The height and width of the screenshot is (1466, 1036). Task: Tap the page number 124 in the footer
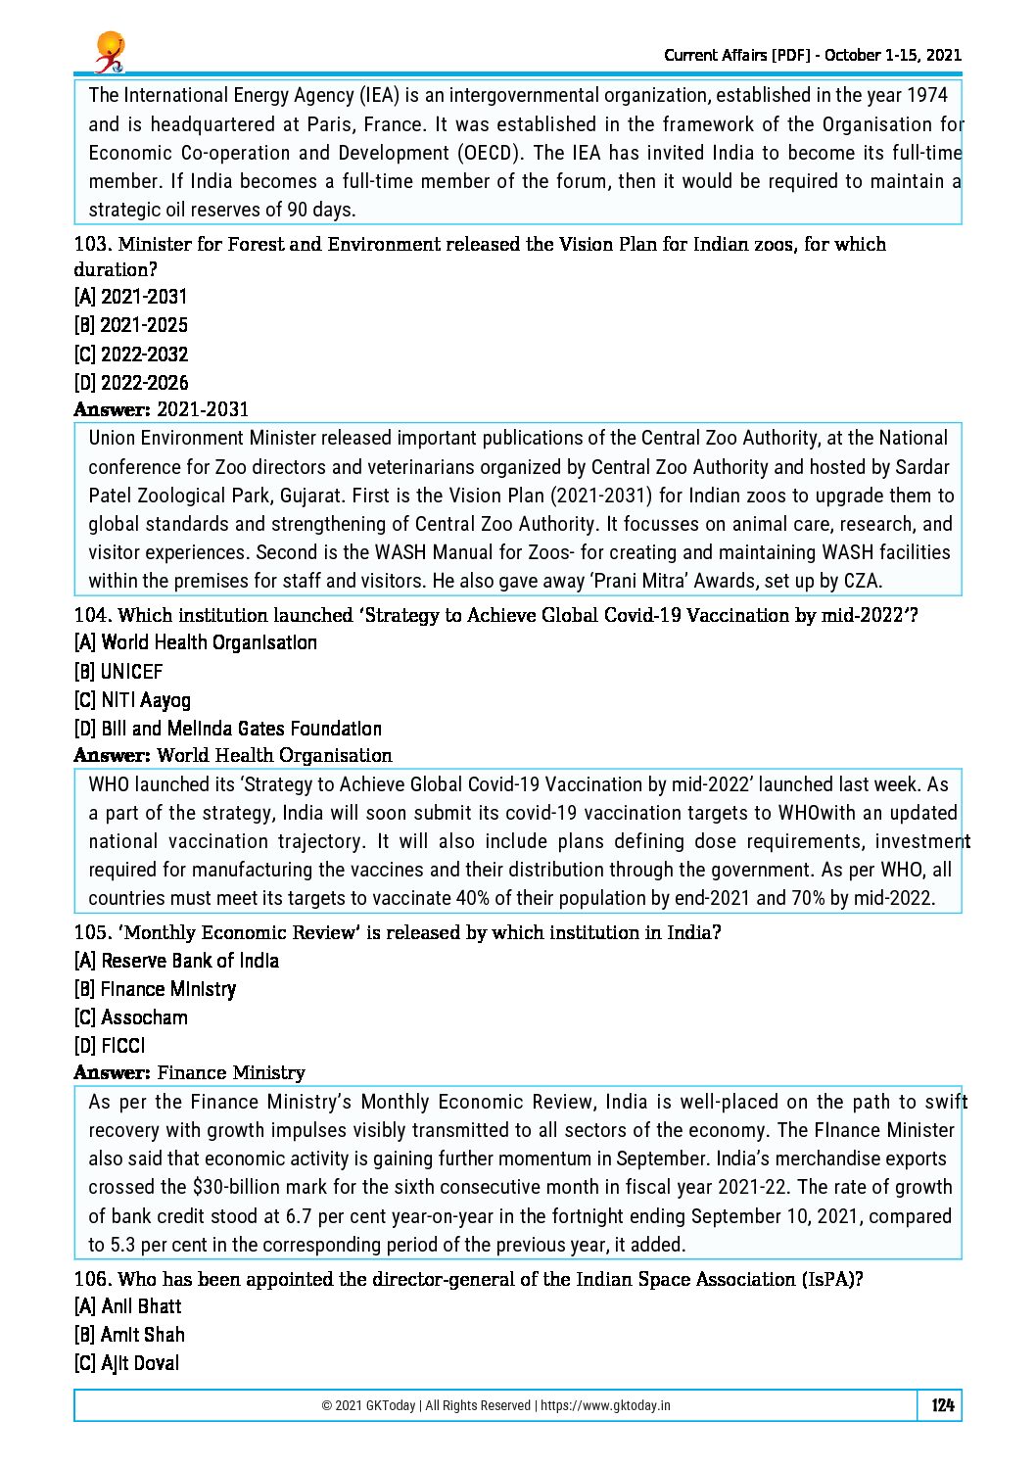[942, 1405]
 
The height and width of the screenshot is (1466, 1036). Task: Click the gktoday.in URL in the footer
[605, 1405]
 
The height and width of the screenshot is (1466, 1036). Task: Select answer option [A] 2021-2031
[130, 297]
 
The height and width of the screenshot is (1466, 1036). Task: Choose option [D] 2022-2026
[131, 383]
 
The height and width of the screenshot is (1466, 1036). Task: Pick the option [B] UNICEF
[118, 672]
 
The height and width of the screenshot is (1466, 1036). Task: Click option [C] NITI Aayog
[132, 700]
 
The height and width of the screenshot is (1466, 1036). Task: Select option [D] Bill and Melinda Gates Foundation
[227, 729]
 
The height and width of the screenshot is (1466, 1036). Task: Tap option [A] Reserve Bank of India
[176, 961]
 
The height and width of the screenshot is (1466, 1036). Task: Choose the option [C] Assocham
[130, 1017]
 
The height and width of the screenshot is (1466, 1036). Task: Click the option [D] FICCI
[110, 1046]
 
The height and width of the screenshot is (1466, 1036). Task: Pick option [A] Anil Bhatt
[127, 1306]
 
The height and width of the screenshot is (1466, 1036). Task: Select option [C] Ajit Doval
[126, 1363]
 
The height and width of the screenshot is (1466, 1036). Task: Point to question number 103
[92, 245]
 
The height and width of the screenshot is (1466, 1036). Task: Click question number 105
[92, 933]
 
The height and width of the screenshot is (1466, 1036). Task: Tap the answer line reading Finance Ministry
[231, 1073]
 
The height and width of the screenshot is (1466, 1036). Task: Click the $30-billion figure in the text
[231, 1187]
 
